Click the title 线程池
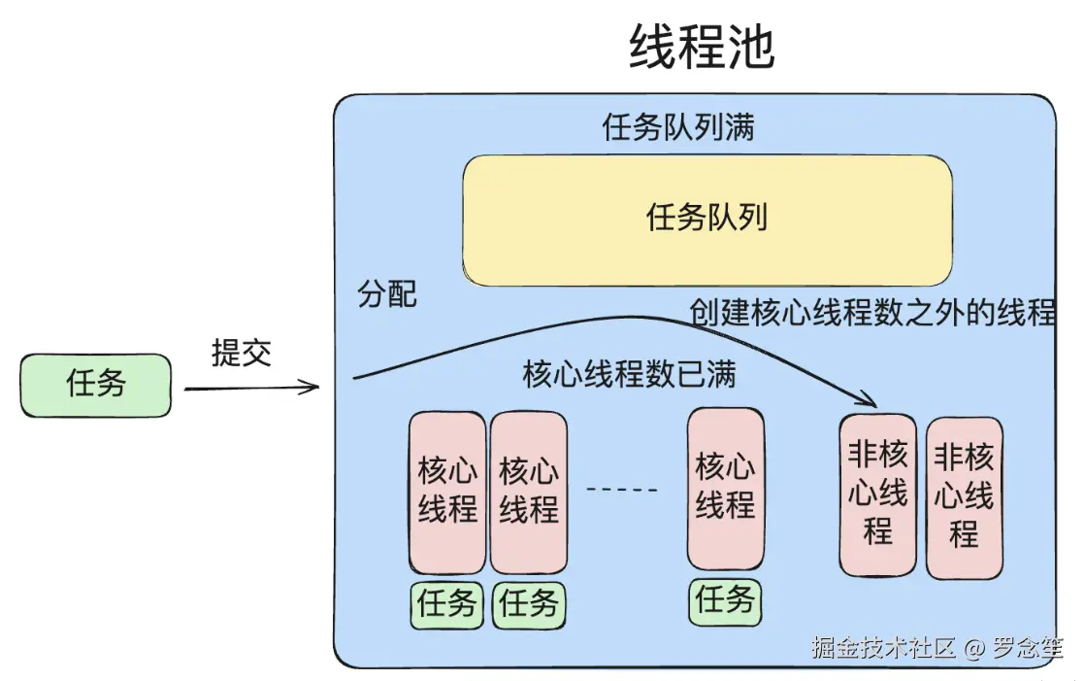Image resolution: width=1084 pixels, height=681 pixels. [702, 46]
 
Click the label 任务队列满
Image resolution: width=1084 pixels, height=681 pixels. [678, 127]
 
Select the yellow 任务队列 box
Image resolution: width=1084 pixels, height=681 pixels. [706, 219]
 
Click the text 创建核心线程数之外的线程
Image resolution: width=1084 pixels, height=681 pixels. [871, 313]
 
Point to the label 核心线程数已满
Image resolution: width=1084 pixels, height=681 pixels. [629, 374]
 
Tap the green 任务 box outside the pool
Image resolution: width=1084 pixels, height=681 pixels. [96, 385]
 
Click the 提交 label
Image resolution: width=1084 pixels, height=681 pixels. [242, 353]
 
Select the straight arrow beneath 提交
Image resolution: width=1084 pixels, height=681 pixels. [251, 389]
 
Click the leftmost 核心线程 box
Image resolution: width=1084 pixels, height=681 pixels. [447, 492]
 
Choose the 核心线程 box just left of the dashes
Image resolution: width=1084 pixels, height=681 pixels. [529, 492]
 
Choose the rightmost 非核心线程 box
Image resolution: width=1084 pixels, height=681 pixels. [964, 497]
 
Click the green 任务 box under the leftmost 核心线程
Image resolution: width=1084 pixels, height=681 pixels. [447, 604]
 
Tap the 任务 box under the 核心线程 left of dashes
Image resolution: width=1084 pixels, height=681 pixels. [529, 604]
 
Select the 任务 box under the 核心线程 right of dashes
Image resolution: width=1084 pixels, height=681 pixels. [725, 600]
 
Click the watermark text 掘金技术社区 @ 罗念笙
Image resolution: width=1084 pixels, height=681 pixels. [936, 648]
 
